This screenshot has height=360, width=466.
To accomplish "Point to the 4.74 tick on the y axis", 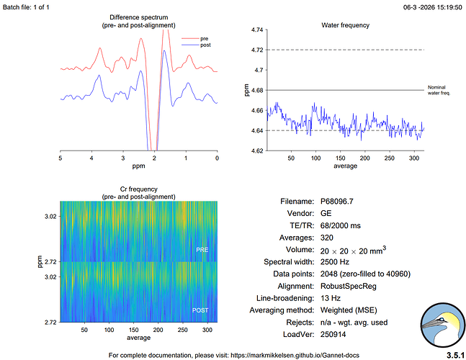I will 256,30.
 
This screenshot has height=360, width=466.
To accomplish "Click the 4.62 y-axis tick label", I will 256,151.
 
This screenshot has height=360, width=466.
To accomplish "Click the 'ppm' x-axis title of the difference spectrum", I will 139,166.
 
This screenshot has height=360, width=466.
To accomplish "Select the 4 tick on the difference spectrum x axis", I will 91,158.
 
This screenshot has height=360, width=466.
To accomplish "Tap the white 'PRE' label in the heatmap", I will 203,250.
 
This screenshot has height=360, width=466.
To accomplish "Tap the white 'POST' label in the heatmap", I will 202,310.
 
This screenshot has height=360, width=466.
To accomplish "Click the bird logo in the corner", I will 442,325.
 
